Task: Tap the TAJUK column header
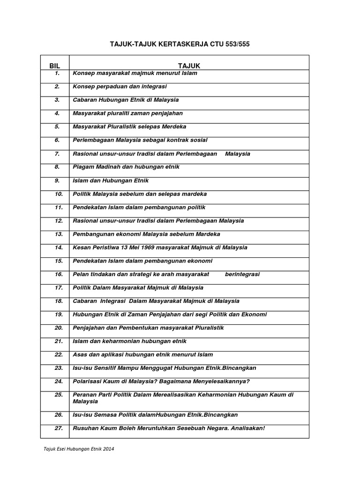click(189, 66)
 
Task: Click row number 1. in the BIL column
click(57, 73)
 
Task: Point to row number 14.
click(59, 247)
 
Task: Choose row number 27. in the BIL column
click(59, 428)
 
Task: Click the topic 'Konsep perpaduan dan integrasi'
click(120, 86)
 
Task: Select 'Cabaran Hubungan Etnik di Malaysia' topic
click(126, 100)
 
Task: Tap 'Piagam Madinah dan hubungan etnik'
click(126, 167)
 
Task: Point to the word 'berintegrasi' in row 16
click(242, 274)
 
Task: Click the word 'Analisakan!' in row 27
click(247, 428)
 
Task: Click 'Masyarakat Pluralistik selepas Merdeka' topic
click(129, 127)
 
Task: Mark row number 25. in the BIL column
click(59, 395)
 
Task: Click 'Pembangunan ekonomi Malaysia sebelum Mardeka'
click(146, 234)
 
